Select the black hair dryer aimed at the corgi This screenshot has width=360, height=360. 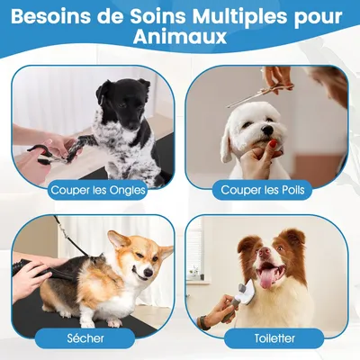pos(36,265)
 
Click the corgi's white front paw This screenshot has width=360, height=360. pos(114,320)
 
